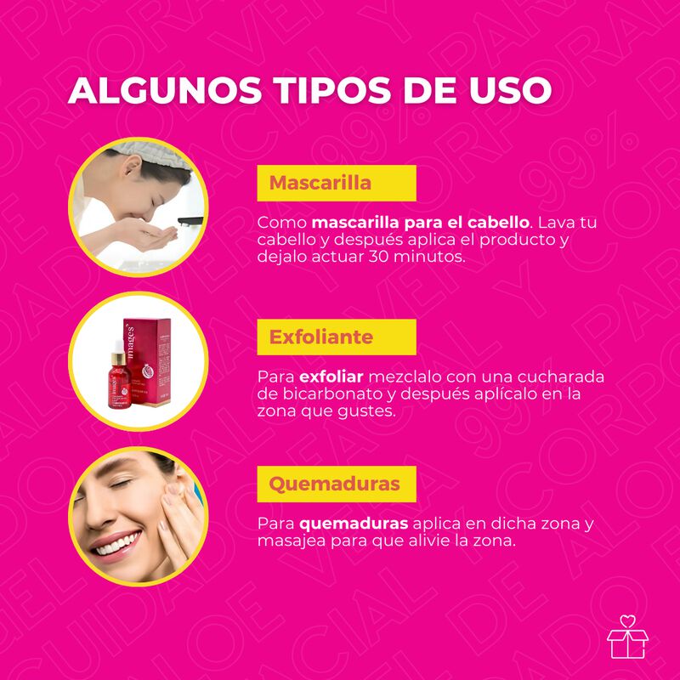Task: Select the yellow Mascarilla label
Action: point(337,183)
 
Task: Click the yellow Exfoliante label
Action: point(337,337)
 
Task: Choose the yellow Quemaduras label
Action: point(337,484)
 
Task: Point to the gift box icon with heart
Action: point(627,637)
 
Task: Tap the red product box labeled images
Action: point(147,362)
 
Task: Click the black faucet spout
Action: point(190,221)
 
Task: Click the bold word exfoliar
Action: point(331,377)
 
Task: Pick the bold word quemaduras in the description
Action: point(354,524)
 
